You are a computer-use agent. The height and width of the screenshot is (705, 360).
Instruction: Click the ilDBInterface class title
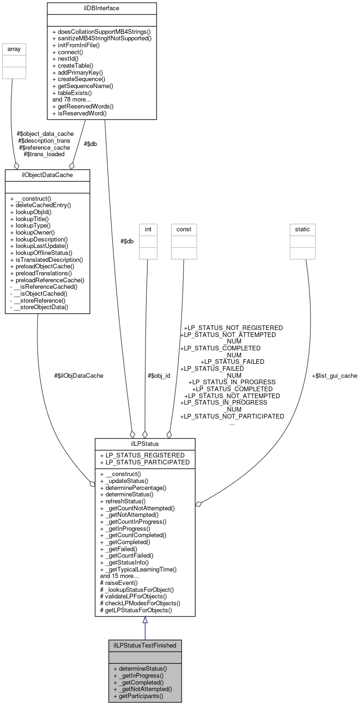(x=101, y=8)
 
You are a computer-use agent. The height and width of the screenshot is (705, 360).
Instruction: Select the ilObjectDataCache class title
(x=47, y=175)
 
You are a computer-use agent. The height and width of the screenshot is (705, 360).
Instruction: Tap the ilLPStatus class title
(x=145, y=444)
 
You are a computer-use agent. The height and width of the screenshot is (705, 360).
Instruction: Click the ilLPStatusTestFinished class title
(x=145, y=645)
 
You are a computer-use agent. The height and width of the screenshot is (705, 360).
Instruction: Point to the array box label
(x=14, y=48)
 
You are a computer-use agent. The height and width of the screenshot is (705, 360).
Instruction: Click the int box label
(x=148, y=229)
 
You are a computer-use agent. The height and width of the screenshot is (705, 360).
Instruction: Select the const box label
(x=183, y=229)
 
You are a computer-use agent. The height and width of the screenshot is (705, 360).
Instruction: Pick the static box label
(x=303, y=229)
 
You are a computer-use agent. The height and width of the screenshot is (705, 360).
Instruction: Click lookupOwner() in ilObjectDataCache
(x=32, y=232)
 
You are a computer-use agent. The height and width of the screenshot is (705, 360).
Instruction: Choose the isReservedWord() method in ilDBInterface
(x=79, y=113)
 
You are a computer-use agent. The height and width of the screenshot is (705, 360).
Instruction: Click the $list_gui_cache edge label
(x=334, y=376)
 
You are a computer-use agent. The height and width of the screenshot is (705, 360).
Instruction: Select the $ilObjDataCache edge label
(x=79, y=376)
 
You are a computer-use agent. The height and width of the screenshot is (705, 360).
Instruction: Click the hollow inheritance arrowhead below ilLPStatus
(x=145, y=620)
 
